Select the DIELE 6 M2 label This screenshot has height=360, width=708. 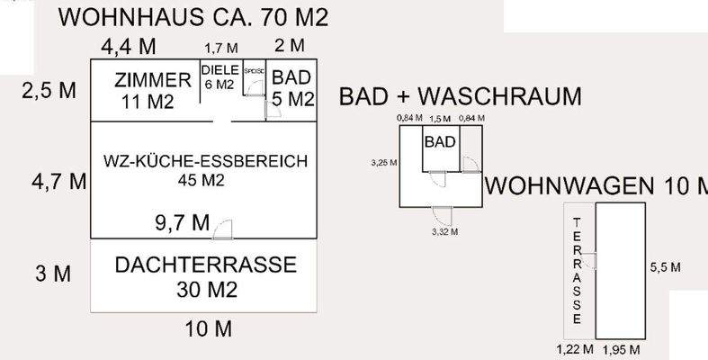coord(220,76)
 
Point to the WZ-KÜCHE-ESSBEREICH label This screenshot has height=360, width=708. coord(206,170)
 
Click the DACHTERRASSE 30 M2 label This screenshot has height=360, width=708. coord(206,276)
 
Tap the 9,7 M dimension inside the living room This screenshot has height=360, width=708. coord(183,221)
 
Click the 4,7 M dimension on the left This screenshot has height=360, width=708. coord(59,181)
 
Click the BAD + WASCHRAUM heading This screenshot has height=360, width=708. coord(461,98)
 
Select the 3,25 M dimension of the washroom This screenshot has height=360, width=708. coord(383,164)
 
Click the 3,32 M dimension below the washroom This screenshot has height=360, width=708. coord(444,231)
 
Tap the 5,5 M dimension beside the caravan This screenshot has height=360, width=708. coord(665,267)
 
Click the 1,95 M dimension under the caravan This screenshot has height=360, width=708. coord(622,348)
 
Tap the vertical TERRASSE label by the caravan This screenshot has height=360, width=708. coord(577,270)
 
